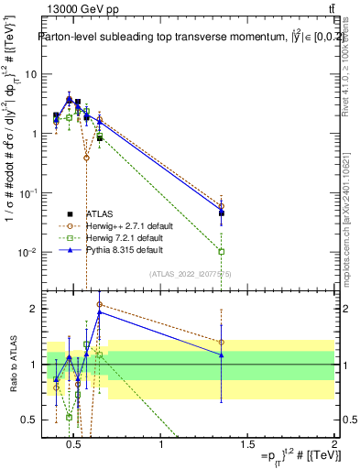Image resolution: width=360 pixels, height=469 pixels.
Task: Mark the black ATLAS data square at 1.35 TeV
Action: [222, 213]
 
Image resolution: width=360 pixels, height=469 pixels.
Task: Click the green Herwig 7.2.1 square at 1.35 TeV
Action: [222, 251]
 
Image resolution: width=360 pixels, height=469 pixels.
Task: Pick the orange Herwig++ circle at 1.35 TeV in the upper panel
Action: [222, 206]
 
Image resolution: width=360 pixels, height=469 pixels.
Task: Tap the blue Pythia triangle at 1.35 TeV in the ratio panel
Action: [222, 354]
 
